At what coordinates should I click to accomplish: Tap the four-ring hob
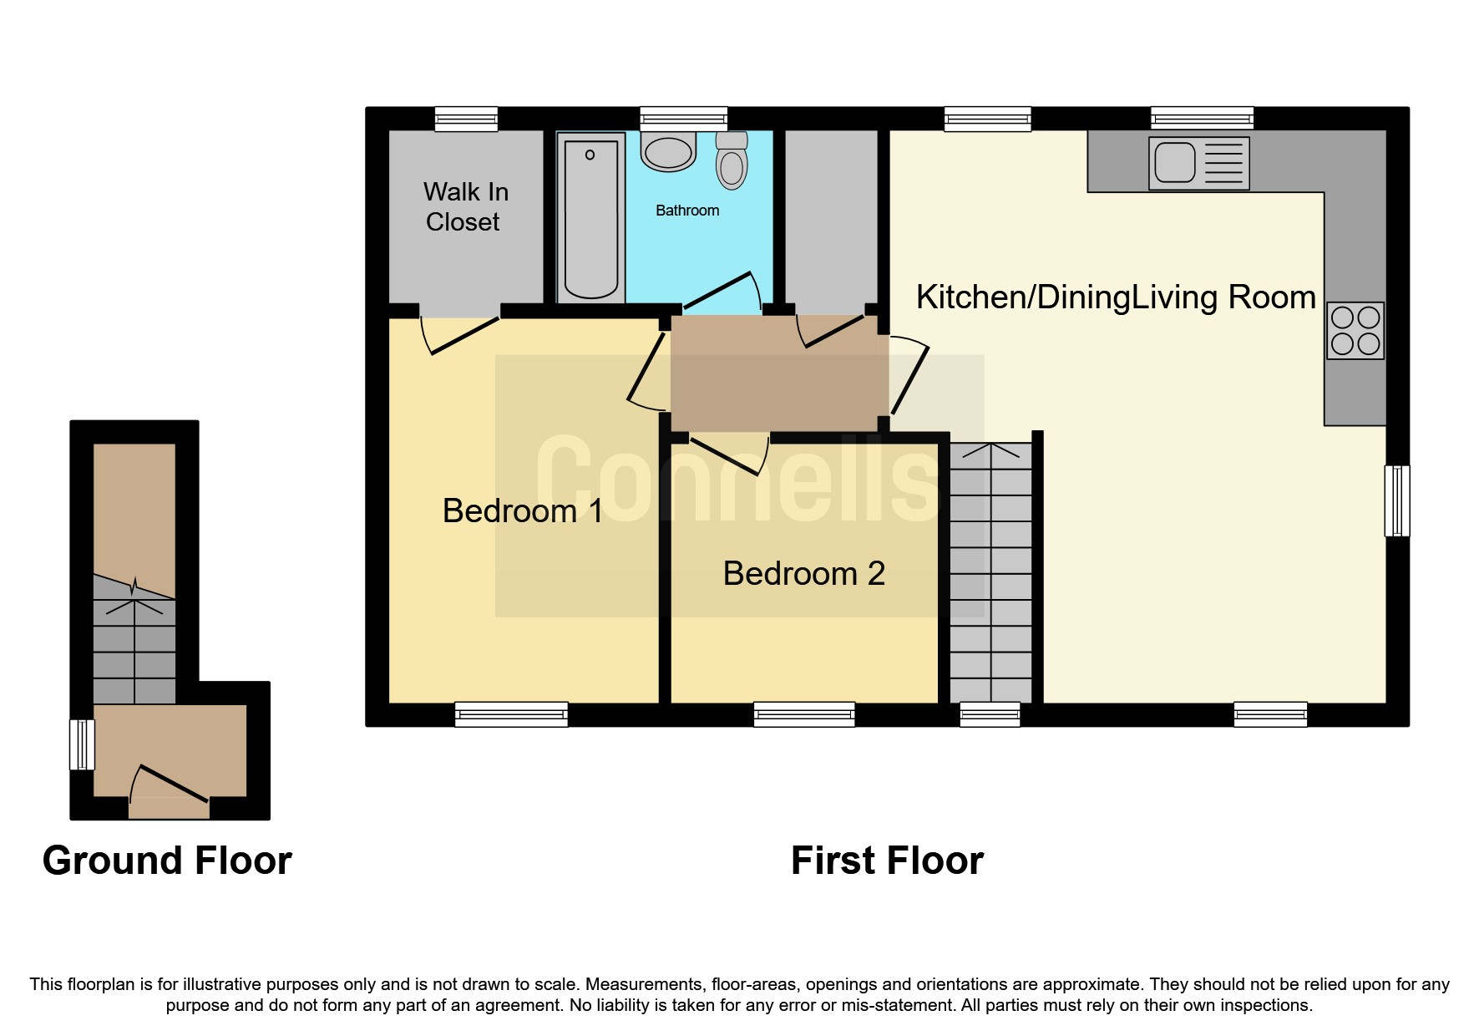[1355, 331]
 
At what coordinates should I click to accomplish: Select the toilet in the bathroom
[732, 160]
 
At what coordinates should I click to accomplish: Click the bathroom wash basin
[668, 152]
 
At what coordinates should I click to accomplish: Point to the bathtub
[591, 219]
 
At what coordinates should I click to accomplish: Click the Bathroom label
[687, 211]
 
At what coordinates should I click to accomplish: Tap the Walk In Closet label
[465, 207]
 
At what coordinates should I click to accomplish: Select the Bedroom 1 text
[523, 510]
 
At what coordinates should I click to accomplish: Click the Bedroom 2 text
[803, 573]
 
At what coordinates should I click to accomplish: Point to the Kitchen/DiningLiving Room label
[1116, 297]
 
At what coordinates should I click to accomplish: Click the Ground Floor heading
[167, 861]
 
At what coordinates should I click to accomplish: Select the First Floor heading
[887, 861]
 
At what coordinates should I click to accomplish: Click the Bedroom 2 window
[804, 714]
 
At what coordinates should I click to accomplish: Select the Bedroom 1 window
[511, 714]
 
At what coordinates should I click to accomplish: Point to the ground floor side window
[82, 744]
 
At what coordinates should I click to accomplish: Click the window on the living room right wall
[1397, 500]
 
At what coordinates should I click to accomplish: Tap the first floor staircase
[991, 572]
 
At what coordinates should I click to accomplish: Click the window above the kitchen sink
[1202, 119]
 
